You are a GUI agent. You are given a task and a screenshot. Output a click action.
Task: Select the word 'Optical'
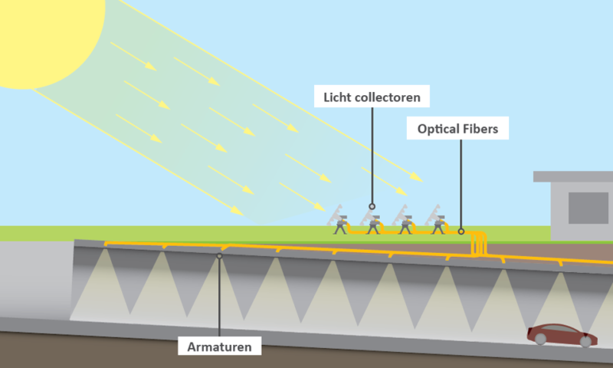pos(439,130)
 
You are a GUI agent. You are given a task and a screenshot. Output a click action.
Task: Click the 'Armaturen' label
pos(220,347)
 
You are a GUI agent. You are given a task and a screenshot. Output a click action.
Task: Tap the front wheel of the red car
pos(588,340)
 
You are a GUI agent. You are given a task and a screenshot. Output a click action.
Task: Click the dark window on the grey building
pos(588,208)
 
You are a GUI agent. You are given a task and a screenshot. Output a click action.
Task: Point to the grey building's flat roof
pos(573,176)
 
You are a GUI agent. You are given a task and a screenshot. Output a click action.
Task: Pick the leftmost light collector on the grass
pos(339,220)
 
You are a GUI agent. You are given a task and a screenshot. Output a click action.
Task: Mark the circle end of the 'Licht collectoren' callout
pos(372,205)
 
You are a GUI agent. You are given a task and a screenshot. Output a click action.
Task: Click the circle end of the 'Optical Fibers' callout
pos(461,231)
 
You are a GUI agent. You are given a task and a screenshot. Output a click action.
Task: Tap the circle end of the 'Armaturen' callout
pos(220,256)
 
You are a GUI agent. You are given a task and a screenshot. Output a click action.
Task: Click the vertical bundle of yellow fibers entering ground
pos(479,244)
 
